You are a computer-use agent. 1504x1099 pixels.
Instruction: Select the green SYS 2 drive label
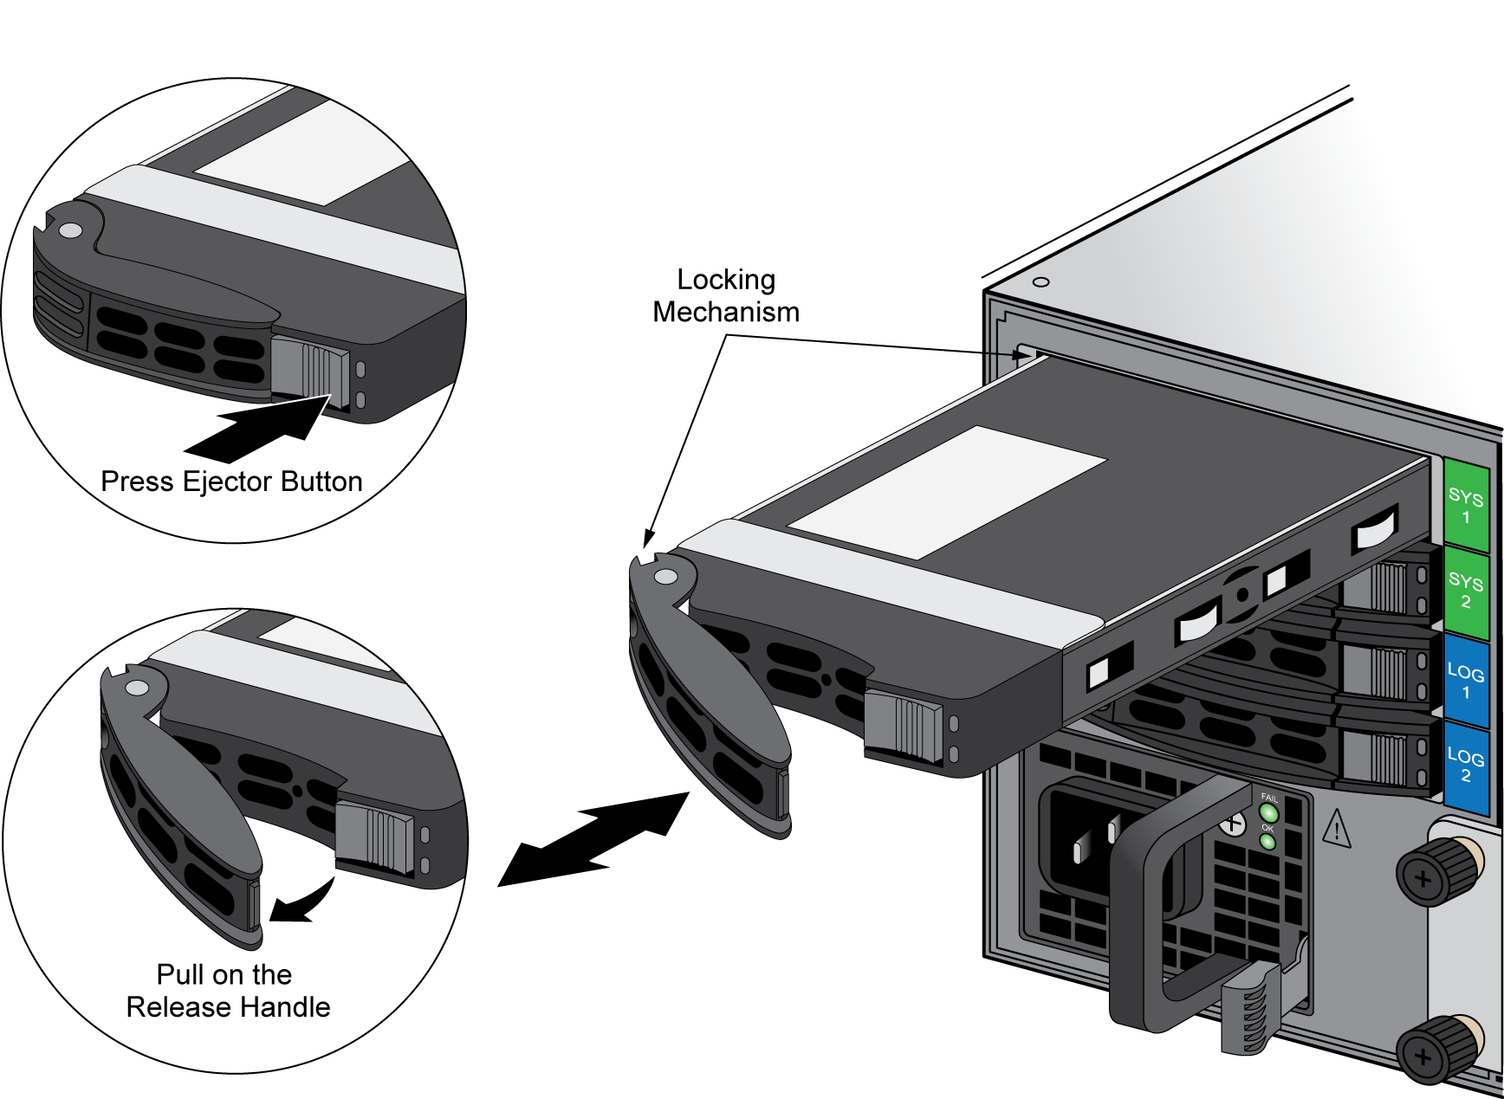click(1466, 590)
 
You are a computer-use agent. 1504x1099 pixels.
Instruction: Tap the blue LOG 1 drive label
click(1466, 681)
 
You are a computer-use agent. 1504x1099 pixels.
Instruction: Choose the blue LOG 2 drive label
click(1466, 766)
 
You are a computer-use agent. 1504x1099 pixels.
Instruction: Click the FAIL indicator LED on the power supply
click(1269, 813)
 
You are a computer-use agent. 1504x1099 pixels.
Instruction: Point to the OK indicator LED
click(1267, 841)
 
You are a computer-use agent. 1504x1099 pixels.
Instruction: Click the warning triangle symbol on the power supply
click(1338, 829)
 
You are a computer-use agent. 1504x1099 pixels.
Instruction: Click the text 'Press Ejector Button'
click(231, 482)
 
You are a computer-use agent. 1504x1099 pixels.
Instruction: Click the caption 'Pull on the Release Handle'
click(227, 991)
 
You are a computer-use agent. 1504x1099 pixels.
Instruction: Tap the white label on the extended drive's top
click(946, 490)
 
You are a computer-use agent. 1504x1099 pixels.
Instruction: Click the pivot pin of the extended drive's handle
click(665, 576)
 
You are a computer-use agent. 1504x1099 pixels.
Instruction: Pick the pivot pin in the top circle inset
click(70, 230)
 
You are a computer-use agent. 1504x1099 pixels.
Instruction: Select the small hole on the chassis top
click(1041, 282)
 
